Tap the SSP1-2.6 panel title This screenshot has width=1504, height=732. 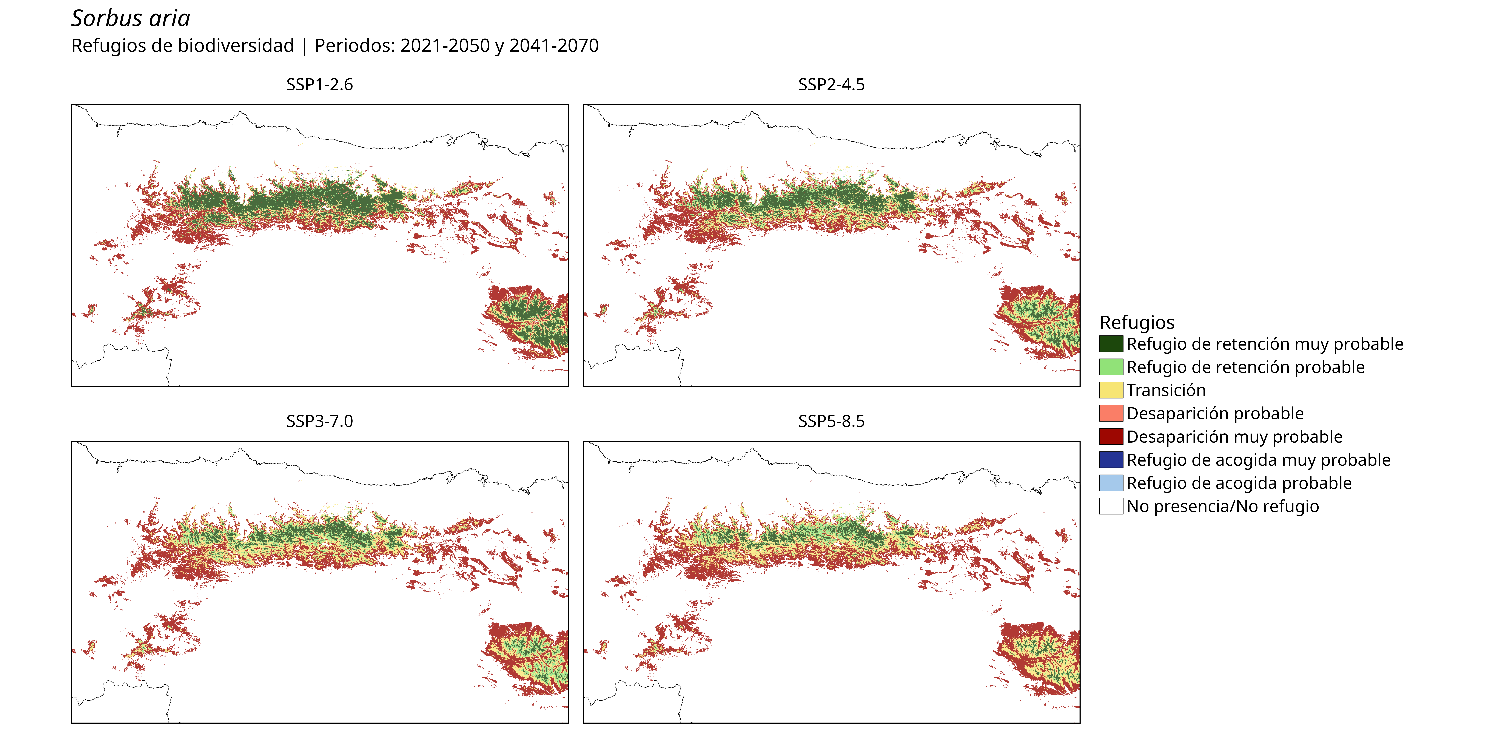point(319,85)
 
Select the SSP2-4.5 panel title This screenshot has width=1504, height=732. point(831,85)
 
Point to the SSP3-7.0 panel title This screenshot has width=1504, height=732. point(319,421)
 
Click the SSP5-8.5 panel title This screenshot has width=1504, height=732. point(831,421)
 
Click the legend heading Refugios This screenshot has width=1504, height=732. point(1137,323)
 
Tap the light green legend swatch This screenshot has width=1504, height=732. point(1111,367)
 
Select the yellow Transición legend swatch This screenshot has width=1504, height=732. point(1111,390)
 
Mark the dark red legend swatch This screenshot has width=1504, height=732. point(1111,436)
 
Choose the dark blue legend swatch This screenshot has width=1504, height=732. point(1111,460)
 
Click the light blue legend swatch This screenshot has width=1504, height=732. point(1111,483)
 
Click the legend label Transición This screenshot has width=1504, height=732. point(1166,390)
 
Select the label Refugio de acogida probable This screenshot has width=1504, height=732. point(1239,483)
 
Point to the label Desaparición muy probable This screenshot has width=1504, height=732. point(1234,437)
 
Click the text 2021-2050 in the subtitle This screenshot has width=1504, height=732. point(445,46)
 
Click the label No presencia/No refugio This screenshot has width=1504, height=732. point(1223,507)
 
